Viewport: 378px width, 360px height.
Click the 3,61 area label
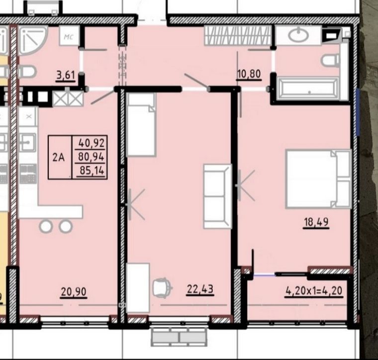66,75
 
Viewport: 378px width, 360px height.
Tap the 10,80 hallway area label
249,74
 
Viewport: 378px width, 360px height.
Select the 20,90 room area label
74,292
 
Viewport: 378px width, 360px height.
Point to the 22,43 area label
200,289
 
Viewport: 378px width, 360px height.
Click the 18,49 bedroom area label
316,222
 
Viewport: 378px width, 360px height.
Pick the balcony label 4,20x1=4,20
314,291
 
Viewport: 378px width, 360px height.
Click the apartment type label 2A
59,158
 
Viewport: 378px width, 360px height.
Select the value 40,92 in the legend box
92,143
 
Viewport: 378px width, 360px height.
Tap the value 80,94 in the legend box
91,157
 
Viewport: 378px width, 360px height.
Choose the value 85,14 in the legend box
92,171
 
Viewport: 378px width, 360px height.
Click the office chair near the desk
163,287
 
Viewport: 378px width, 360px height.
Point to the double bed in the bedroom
318,179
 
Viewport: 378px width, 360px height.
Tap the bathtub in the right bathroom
308,89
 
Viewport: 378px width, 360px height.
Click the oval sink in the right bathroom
298,35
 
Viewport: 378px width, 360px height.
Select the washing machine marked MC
69,35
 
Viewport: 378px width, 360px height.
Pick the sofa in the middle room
218,196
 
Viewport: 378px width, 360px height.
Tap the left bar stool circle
46,227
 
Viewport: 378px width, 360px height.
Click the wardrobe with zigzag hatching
237,35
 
